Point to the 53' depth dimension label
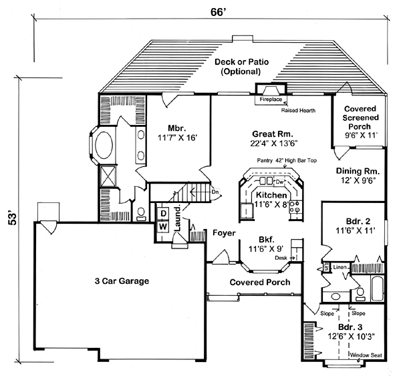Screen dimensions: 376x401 coord(11,218)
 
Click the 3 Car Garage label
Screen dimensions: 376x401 coord(121,281)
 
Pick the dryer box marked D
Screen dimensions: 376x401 coord(162,213)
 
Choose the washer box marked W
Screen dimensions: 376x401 coord(162,226)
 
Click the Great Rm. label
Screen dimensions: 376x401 coord(270,133)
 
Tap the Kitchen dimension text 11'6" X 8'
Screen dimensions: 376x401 coord(271,205)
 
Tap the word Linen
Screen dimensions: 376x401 coord(340,267)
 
